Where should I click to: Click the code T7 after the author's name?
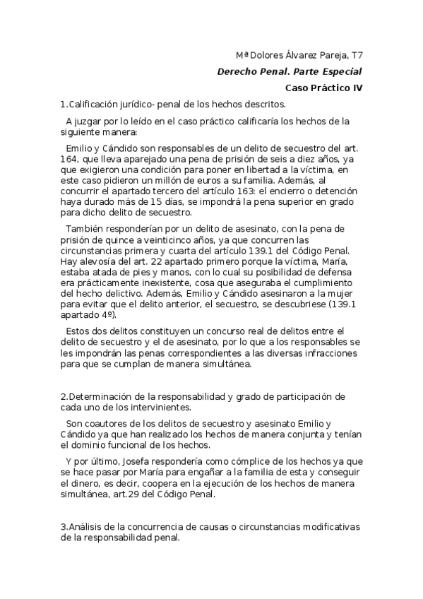point(355,54)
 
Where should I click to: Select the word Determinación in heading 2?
point(100,396)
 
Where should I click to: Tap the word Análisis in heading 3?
point(88,528)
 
